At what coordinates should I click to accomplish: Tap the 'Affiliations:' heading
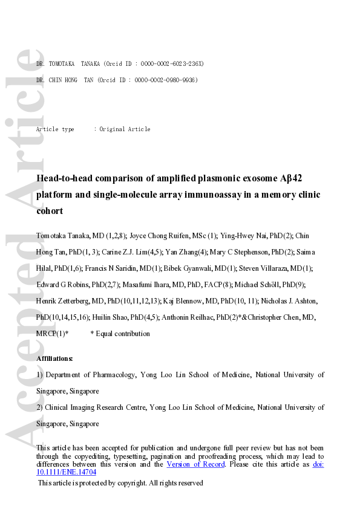pyautogui.click(x=54, y=358)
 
